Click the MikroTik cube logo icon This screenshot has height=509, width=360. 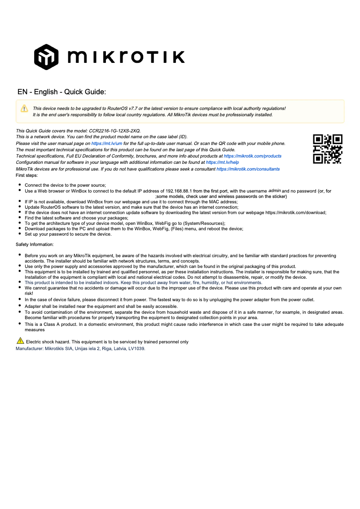pyautogui.click(x=47, y=57)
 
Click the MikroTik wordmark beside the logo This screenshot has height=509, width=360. pyautogui.click(x=126, y=57)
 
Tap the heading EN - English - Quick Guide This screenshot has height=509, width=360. pyautogui.click(x=61, y=92)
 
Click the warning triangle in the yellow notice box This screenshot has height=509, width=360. pyautogui.click(x=24, y=109)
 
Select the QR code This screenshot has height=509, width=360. pyautogui.click(x=328, y=149)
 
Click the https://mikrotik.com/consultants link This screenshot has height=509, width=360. pyautogui.click(x=248, y=169)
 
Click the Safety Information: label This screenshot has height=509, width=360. pyautogui.click(x=35, y=245)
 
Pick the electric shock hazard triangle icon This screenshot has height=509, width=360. pyautogui.click(x=20, y=341)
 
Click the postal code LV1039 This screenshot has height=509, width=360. pyautogui.click(x=136, y=348)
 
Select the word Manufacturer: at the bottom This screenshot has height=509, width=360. pyautogui.click(x=30, y=348)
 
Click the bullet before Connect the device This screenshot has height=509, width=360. pyautogui.click(x=20, y=185)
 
